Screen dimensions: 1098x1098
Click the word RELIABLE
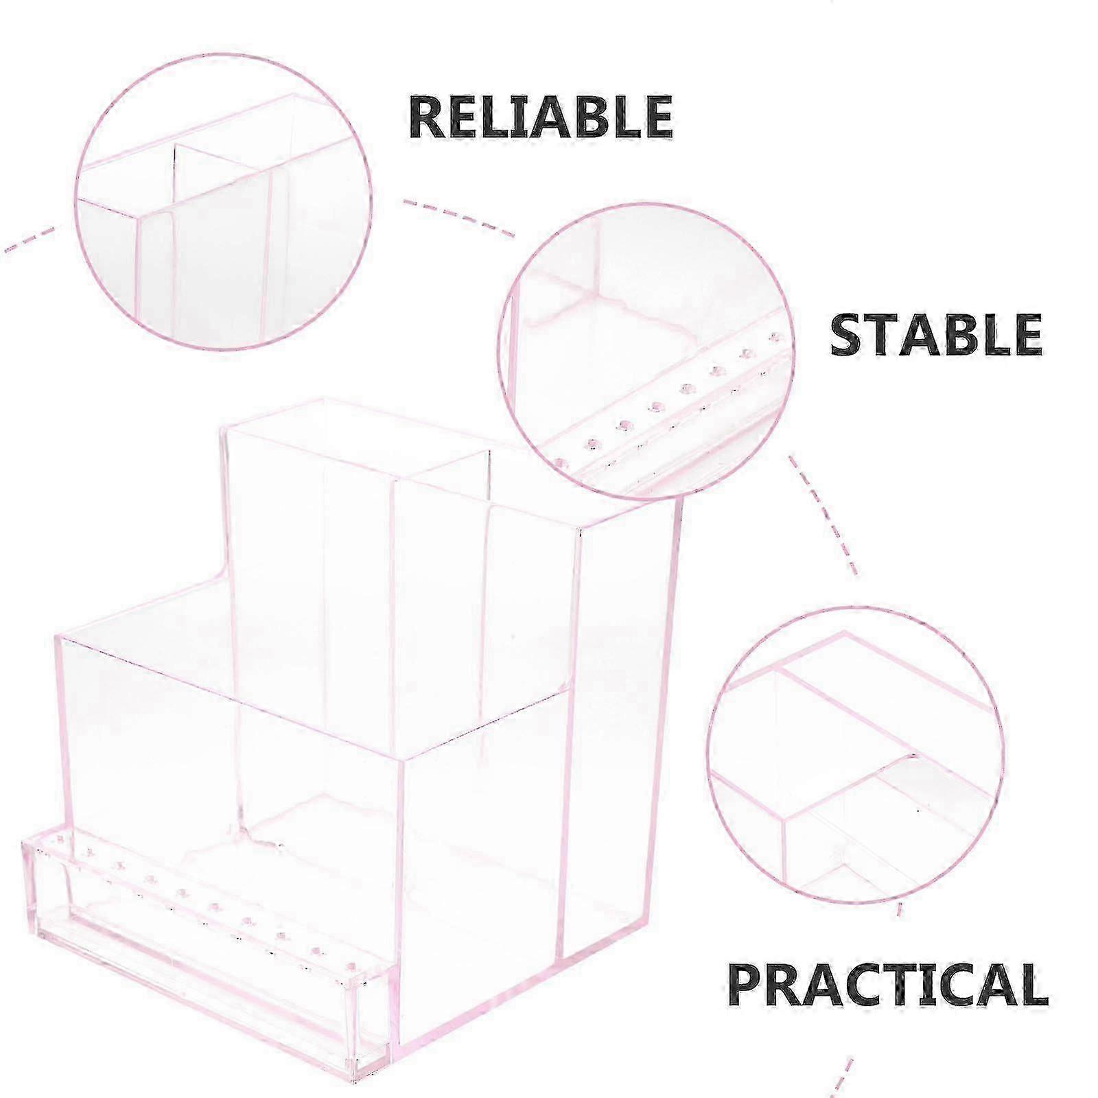(541, 116)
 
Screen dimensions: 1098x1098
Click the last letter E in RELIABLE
(656, 117)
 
